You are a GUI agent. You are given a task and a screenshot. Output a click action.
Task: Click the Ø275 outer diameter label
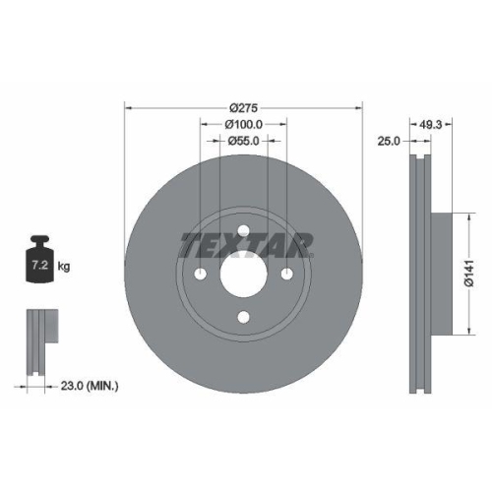(243, 105)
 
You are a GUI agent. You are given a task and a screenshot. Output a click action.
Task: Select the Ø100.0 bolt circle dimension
(243, 123)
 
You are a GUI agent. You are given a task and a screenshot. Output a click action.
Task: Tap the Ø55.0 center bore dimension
(243, 141)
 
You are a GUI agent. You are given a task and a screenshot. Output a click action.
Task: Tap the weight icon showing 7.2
(41, 262)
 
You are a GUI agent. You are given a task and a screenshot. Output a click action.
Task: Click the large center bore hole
(243, 274)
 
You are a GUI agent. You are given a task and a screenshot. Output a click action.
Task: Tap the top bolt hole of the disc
(243, 231)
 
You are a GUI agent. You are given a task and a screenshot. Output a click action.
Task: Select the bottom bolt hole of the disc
(243, 317)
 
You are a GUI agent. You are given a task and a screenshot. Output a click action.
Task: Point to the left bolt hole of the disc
(201, 274)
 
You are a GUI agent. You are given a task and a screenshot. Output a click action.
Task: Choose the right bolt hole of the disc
(286, 274)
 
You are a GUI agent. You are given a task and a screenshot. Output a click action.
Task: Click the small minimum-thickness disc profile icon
(39, 340)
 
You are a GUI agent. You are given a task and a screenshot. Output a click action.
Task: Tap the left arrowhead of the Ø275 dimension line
(127, 105)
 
